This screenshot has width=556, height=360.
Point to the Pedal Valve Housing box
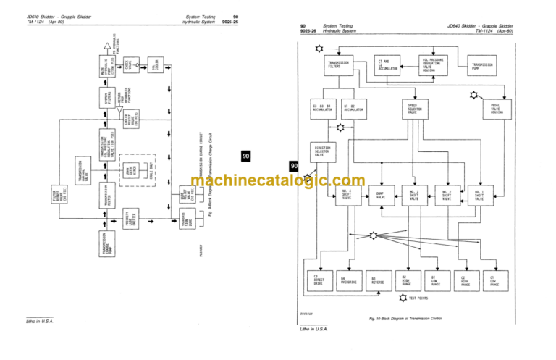[x=497, y=109]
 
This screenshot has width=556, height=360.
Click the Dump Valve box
[x=381, y=194]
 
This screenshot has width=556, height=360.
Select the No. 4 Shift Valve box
[x=347, y=194]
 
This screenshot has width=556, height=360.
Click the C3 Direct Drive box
[x=319, y=280]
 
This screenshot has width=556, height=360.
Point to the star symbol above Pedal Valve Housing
[x=474, y=95]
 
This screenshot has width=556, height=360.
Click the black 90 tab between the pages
[x=246, y=156]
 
